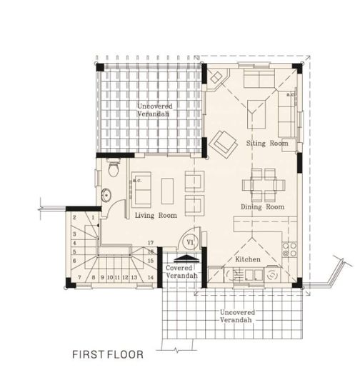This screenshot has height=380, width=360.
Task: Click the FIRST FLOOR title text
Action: (108, 353)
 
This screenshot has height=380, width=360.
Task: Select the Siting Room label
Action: (267, 143)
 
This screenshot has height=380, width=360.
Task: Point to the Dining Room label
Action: (262, 207)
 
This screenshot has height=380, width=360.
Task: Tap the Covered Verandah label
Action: (181, 271)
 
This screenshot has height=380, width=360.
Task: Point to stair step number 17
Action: (151, 244)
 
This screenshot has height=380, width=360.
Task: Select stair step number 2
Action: (75, 216)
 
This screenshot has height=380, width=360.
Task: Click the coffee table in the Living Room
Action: (168, 189)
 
